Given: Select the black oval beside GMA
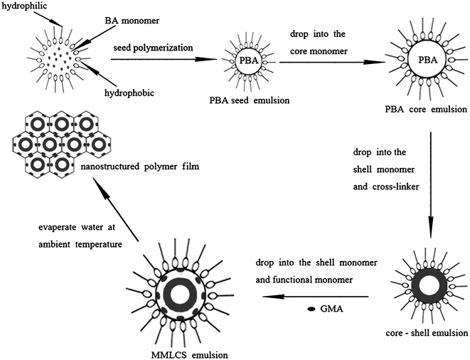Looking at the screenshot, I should point(311,309).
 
